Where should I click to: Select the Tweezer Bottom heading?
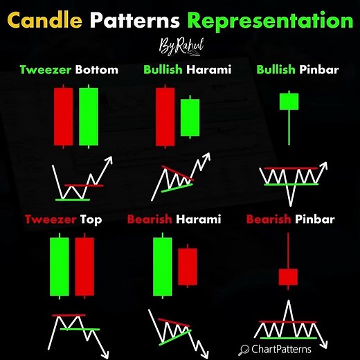pyautogui.click(x=69, y=69)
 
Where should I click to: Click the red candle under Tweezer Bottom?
pyautogui.click(x=64, y=116)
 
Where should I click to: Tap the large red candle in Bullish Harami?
pyautogui.click(x=165, y=116)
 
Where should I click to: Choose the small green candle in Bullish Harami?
pyautogui.click(x=190, y=117)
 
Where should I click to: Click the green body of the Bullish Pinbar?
pyautogui.click(x=289, y=101)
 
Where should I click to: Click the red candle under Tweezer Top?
pyautogui.click(x=84, y=266)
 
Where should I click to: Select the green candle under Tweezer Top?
pyautogui.click(x=58, y=266)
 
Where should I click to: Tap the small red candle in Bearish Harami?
pyautogui.click(x=188, y=267)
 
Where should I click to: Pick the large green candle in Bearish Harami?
pyautogui.click(x=163, y=267)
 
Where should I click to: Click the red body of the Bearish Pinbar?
pyautogui.click(x=288, y=277)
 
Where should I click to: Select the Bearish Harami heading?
pyautogui.click(x=174, y=219)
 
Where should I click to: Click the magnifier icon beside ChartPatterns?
pyautogui.click(x=244, y=350)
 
